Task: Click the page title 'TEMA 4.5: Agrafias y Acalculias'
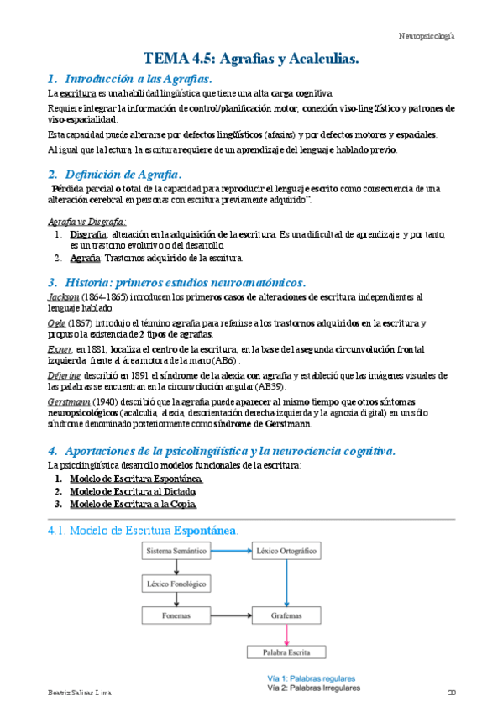pyautogui.click(x=251, y=59)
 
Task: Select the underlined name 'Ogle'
pyautogui.click(x=55, y=323)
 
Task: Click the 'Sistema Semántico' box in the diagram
pyautogui.click(x=176, y=552)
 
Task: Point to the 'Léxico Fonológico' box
pyautogui.click(x=176, y=583)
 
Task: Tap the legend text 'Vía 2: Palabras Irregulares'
pyautogui.click(x=312, y=688)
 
